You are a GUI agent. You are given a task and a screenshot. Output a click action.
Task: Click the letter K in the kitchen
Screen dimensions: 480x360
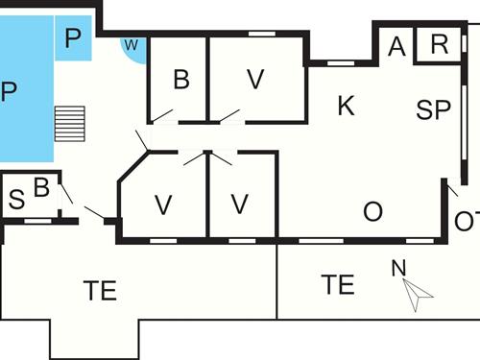347,107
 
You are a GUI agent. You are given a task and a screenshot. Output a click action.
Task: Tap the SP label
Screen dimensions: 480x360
434,110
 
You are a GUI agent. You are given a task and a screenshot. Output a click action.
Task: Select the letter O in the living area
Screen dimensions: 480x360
372,209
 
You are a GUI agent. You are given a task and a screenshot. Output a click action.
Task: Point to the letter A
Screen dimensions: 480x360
396,45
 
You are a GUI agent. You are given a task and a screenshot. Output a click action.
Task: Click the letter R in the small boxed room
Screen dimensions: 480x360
440,44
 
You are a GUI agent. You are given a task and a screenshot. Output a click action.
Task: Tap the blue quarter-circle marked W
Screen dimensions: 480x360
133,46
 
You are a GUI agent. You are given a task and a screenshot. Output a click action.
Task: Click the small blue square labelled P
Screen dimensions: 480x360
74,39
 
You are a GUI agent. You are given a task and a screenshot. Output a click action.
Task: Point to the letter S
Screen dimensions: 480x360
16,201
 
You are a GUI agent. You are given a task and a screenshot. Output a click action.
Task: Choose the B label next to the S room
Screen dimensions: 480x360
41,188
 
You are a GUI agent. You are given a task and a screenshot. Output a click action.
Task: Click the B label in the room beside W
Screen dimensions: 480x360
181,81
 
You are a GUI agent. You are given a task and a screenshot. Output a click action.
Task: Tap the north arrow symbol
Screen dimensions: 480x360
416,294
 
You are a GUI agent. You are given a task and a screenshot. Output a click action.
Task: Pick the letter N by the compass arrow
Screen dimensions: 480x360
398,268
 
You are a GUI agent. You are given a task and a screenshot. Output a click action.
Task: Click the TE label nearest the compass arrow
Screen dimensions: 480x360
338,285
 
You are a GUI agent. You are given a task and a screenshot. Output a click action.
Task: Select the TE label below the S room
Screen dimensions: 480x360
100,290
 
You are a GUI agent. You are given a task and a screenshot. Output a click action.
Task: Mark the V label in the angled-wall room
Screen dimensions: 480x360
163,204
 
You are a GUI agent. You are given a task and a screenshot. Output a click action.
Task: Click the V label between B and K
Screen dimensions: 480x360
254,81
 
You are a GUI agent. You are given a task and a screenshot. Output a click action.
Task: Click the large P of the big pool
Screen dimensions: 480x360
9,92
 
